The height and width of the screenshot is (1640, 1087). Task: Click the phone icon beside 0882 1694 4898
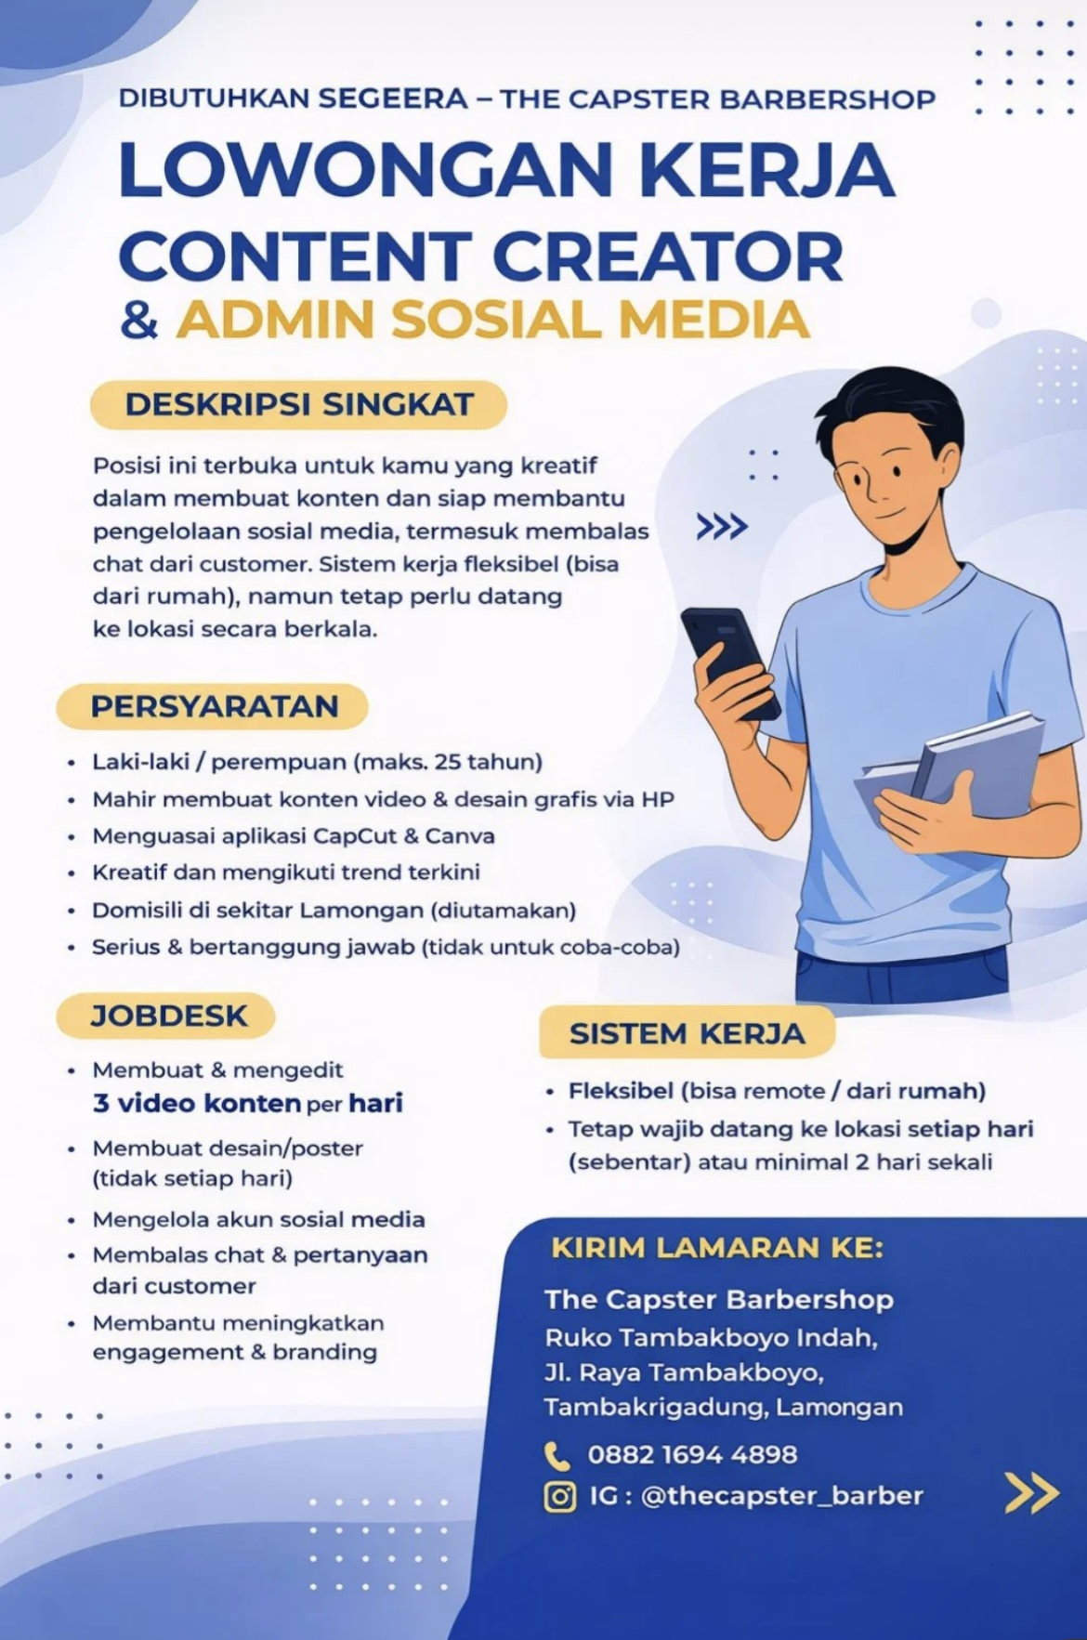(x=557, y=1455)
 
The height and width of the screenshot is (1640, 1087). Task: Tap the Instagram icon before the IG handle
(x=559, y=1497)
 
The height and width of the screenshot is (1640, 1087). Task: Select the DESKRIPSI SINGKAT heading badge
(x=298, y=405)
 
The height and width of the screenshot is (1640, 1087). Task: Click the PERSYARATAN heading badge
(x=213, y=706)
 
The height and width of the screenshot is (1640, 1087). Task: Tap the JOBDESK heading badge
(x=167, y=1016)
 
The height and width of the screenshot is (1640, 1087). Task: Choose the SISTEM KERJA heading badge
(x=687, y=1033)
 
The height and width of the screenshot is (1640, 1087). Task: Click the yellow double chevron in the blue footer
(x=1031, y=1493)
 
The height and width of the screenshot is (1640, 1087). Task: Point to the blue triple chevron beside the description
(x=722, y=527)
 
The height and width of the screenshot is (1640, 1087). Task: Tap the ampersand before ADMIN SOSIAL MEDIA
(x=139, y=320)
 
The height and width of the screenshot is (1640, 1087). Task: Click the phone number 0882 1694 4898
(x=692, y=1454)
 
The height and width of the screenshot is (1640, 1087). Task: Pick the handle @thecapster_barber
(x=781, y=1496)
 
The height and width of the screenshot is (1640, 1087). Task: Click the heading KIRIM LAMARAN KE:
(x=717, y=1247)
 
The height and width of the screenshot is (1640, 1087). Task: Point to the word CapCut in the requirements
(x=355, y=835)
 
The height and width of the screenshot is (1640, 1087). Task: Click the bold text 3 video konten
(x=196, y=1103)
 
